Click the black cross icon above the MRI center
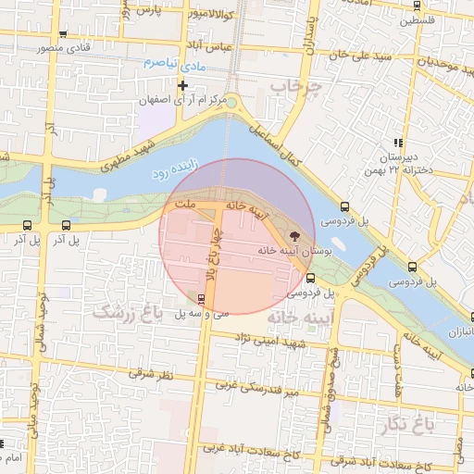(183, 85)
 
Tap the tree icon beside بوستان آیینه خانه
(295, 235)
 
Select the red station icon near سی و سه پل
(201, 298)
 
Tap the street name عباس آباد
(212, 46)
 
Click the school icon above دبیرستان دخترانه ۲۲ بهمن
(398, 143)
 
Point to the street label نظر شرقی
(153, 375)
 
